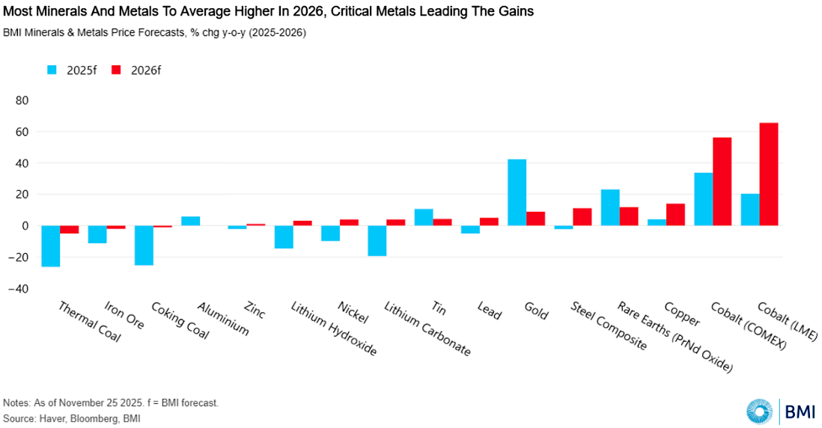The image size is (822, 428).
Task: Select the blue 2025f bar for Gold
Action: click(x=517, y=192)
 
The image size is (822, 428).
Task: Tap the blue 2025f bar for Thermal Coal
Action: click(x=50, y=245)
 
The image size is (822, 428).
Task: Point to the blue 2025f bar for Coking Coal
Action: click(x=144, y=245)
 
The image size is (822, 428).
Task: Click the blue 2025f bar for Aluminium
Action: click(x=190, y=221)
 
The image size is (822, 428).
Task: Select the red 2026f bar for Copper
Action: click(x=675, y=214)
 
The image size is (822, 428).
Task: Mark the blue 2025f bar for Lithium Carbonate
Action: click(x=377, y=240)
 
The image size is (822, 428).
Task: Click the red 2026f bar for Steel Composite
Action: click(x=582, y=216)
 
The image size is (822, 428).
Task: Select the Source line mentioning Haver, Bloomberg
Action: click(x=71, y=418)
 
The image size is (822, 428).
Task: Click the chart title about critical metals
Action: click(x=268, y=13)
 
